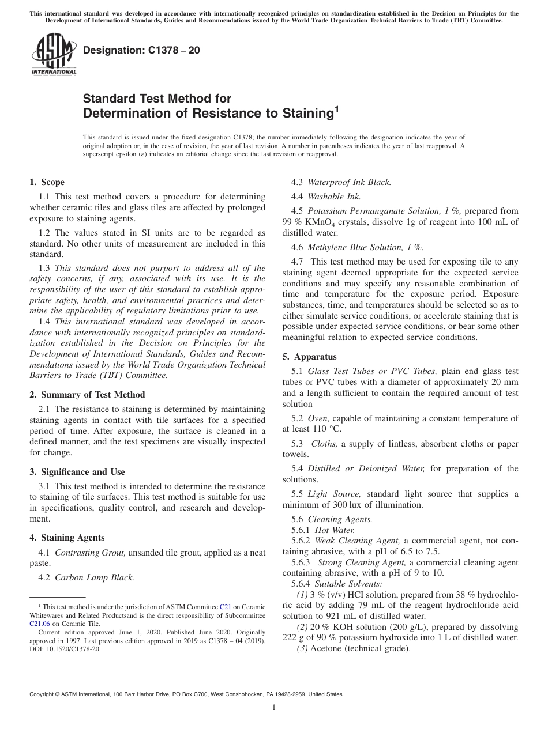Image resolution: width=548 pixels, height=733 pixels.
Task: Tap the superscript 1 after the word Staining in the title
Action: pos(337,108)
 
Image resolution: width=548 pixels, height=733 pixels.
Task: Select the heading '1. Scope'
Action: pos(47,182)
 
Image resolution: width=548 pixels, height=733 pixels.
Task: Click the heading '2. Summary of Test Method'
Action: pos(87,395)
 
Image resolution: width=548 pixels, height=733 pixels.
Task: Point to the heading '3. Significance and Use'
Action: pos(77,471)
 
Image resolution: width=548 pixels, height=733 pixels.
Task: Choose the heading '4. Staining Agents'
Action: pos(67,538)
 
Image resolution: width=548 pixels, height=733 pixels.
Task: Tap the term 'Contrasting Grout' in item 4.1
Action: pos(90,553)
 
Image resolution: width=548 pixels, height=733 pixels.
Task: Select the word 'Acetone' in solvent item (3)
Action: pos(325,648)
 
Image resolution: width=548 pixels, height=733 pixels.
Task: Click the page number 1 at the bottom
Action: pos(273,708)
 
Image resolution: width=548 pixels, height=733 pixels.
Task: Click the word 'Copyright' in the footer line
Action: pos(43,694)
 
